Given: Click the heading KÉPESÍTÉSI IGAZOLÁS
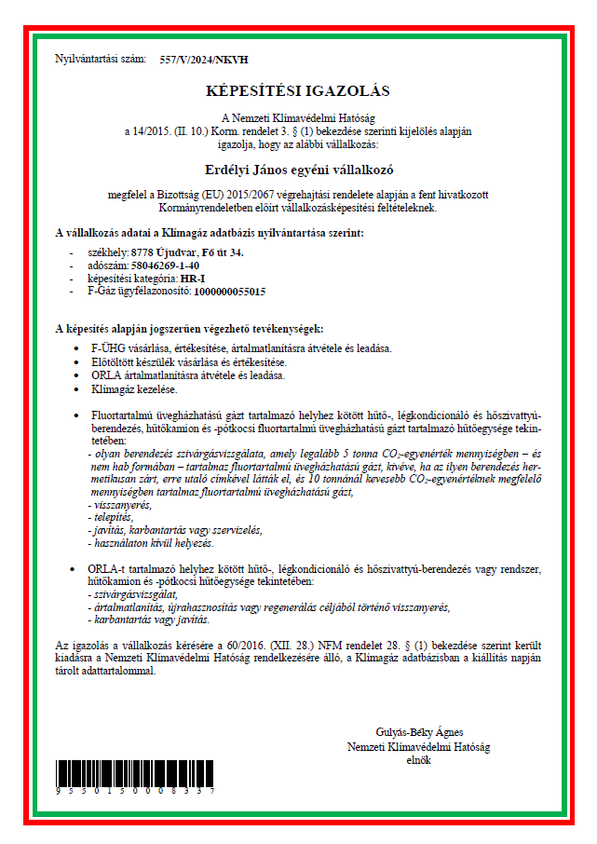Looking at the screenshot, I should coord(298,91).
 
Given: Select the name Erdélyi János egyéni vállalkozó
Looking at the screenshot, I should coord(298,170).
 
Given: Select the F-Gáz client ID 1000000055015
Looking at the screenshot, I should coord(229,292).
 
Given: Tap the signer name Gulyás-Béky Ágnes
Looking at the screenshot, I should coord(419,731).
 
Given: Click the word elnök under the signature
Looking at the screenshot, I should coord(419,759).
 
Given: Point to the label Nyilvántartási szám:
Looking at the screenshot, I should coord(101,60).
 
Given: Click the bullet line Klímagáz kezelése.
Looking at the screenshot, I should coord(134,389).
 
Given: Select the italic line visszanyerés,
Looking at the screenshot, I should coord(116,504).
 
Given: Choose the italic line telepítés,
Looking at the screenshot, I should coord(110,516).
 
